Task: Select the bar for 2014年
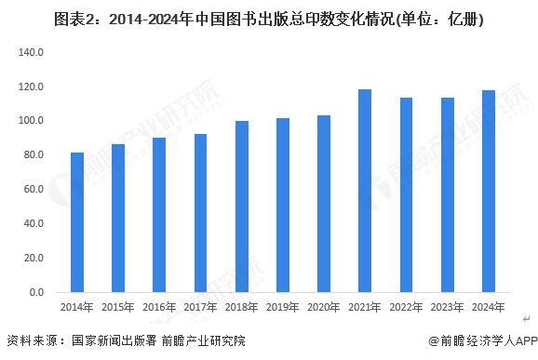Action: (76, 222)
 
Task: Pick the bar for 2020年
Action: (323, 204)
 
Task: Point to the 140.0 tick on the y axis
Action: (31, 52)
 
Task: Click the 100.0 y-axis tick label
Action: (31, 121)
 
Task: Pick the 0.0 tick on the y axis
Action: (35, 293)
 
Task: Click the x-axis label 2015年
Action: (117, 307)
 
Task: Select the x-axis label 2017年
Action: (199, 307)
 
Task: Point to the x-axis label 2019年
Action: (282, 307)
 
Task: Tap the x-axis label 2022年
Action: (405, 307)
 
